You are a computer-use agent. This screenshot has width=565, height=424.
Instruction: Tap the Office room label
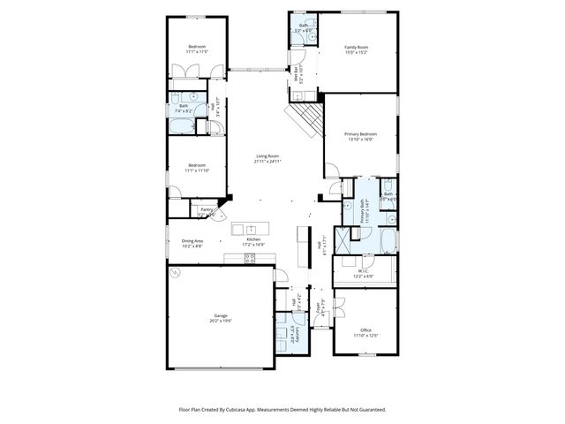pos(365,329)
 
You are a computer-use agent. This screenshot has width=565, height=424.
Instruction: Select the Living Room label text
pos(267,155)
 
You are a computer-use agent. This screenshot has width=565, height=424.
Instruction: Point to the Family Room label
pos(356,47)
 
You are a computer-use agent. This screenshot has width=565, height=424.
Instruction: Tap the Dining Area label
pos(192,240)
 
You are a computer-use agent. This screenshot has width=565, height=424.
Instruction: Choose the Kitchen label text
pos(253,239)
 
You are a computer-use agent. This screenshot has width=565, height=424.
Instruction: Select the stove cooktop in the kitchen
pos(249,258)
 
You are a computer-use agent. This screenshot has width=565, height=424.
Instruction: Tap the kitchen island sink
pos(251,228)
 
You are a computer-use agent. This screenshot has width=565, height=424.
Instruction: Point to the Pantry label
pos(204,209)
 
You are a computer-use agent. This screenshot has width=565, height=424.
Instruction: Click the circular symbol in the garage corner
pos(175,274)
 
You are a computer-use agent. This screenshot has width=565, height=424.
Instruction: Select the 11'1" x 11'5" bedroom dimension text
pos(196,52)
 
